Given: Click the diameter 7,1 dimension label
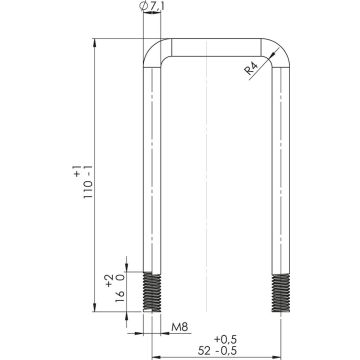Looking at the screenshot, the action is pos(153,6).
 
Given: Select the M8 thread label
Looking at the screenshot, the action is pos(179,327).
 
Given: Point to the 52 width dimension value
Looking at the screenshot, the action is pos(205,351).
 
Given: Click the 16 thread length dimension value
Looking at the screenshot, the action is pos(120,296).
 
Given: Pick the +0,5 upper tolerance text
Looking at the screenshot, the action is pos(225,340).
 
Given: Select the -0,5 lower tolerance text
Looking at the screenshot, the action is pos(227,351).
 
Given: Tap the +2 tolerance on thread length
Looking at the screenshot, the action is pos(109,280).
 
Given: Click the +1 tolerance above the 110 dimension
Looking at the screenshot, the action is pos(77,171).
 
